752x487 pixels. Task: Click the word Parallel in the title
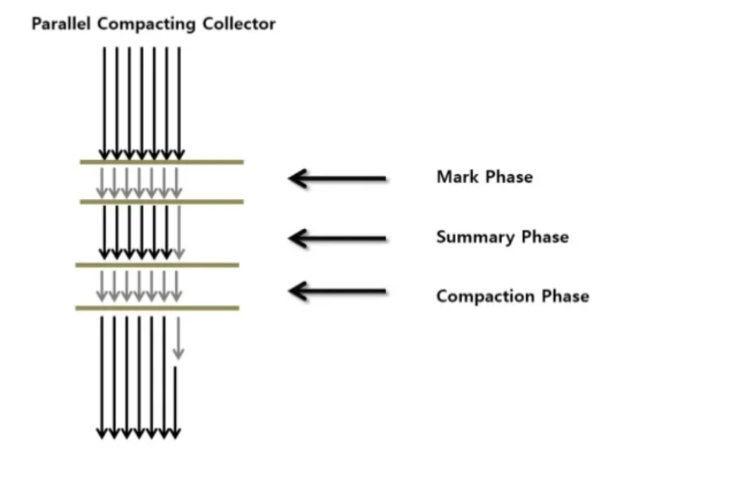62,24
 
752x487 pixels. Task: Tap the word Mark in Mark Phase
454,177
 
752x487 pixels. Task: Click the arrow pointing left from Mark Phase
338,178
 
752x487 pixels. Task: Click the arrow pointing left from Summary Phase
338,238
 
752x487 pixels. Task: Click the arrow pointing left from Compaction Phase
338,291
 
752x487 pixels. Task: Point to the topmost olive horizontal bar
161,162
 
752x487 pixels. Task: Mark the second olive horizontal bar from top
161,201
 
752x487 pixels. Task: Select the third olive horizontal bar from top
157,264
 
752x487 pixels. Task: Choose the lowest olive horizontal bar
157,308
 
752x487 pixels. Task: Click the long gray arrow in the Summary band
179,231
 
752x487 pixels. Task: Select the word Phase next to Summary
544,238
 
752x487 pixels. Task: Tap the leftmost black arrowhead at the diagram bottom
102,433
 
